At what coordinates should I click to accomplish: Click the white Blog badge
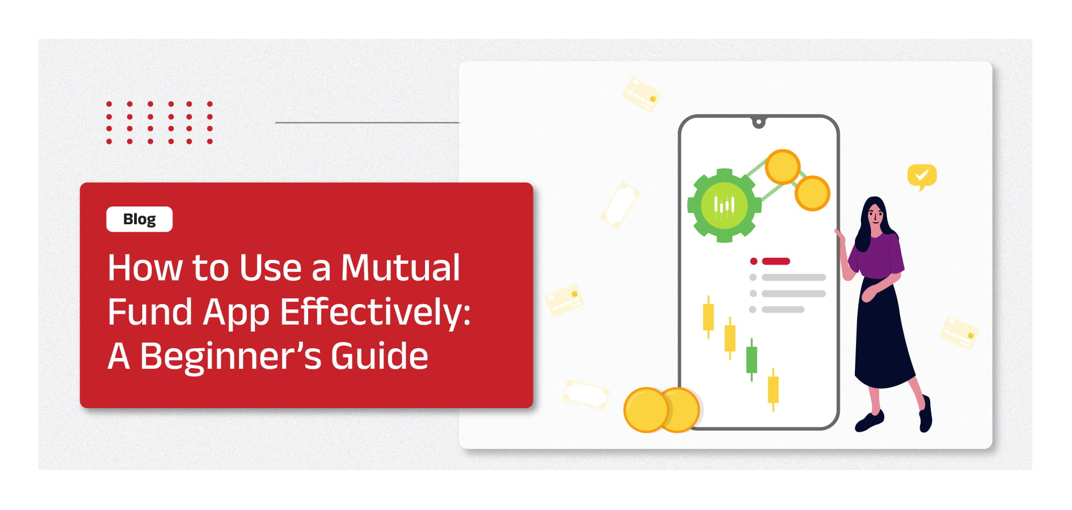tap(140, 219)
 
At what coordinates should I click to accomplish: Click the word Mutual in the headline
tap(401, 267)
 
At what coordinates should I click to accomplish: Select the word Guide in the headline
tap(379, 356)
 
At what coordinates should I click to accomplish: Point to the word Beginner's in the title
tap(231, 357)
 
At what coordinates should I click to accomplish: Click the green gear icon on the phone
tap(724, 205)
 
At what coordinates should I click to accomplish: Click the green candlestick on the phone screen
tap(751, 360)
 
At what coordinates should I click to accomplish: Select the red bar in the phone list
tap(776, 261)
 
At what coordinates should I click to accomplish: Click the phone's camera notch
tap(758, 123)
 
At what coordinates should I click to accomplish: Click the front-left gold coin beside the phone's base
tap(646, 410)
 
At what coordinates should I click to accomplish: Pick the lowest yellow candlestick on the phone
tap(773, 389)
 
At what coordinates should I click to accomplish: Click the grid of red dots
tap(159, 122)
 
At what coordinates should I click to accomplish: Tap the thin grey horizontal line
tap(367, 122)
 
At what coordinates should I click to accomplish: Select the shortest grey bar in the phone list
tap(783, 309)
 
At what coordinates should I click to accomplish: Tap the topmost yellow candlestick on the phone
tap(708, 317)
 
